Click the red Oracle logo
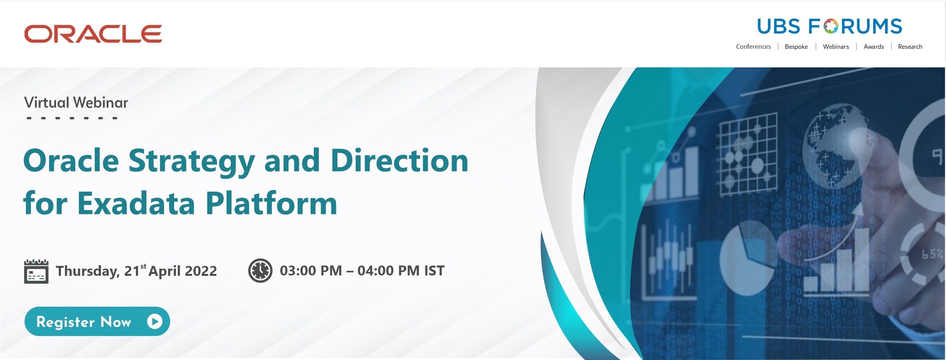click(x=93, y=34)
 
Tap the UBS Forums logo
click(x=829, y=27)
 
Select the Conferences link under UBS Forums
click(x=753, y=46)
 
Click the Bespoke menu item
click(x=796, y=46)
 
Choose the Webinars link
click(x=836, y=46)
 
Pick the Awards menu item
click(x=874, y=46)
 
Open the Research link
click(x=910, y=46)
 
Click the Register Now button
click(x=97, y=322)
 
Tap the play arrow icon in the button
click(x=155, y=322)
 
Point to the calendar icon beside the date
click(x=36, y=271)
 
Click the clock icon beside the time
click(x=260, y=270)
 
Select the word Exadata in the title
click(x=136, y=203)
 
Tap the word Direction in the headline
click(x=399, y=160)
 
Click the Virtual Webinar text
click(x=76, y=102)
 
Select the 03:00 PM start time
click(x=311, y=270)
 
